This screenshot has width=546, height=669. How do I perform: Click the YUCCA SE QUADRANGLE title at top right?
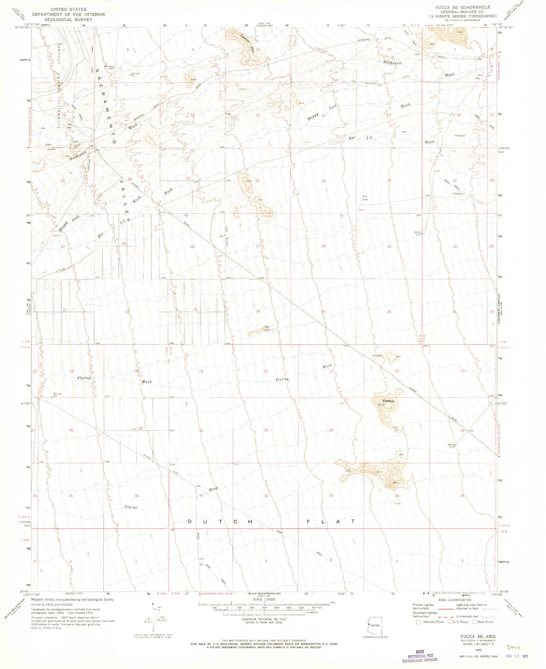pos(462,7)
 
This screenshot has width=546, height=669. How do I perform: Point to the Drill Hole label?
pos(365,198)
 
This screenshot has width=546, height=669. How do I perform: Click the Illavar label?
pos(131,507)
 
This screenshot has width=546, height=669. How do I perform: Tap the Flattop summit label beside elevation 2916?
pos(388,401)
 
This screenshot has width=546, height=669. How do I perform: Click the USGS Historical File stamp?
pos(419,658)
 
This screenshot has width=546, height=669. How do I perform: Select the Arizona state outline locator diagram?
pos(375,626)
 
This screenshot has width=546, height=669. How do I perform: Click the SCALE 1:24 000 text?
pos(264,599)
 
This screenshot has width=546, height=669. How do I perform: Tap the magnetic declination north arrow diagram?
pos(153,619)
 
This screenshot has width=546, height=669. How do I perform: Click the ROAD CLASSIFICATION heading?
pos(455,600)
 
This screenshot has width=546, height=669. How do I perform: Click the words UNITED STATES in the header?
pos(68,9)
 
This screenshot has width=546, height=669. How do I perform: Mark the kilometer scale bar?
pos(264,613)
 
